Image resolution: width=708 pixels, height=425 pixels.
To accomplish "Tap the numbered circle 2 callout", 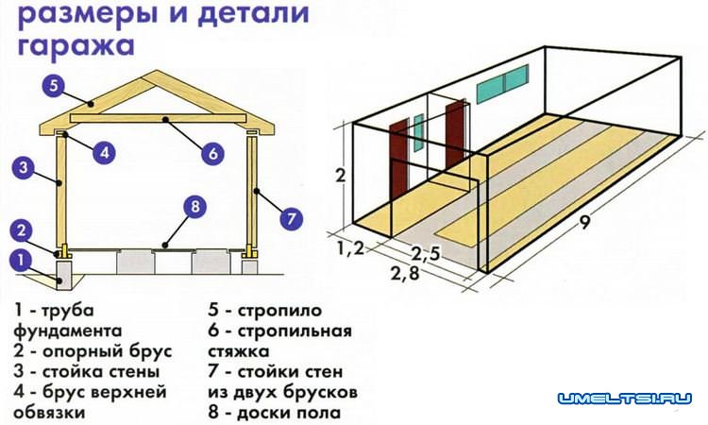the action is point(24,230).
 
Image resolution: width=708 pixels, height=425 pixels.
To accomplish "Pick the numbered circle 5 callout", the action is point(53,86).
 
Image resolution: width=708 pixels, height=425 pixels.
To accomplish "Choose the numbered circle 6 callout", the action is point(211,150).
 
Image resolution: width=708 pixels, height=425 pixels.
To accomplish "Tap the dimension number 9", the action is point(586,225).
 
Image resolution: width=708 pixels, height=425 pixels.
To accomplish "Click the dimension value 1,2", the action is point(348,249).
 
